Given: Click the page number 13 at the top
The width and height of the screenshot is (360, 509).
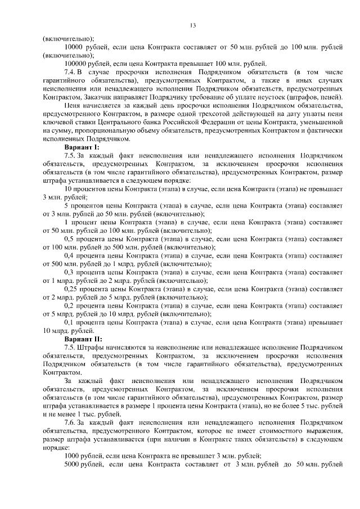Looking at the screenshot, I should tap(192, 25).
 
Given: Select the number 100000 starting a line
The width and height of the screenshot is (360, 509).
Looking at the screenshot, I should tap(76, 64).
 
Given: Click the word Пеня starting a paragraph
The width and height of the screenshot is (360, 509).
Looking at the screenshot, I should tap(72, 106).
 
